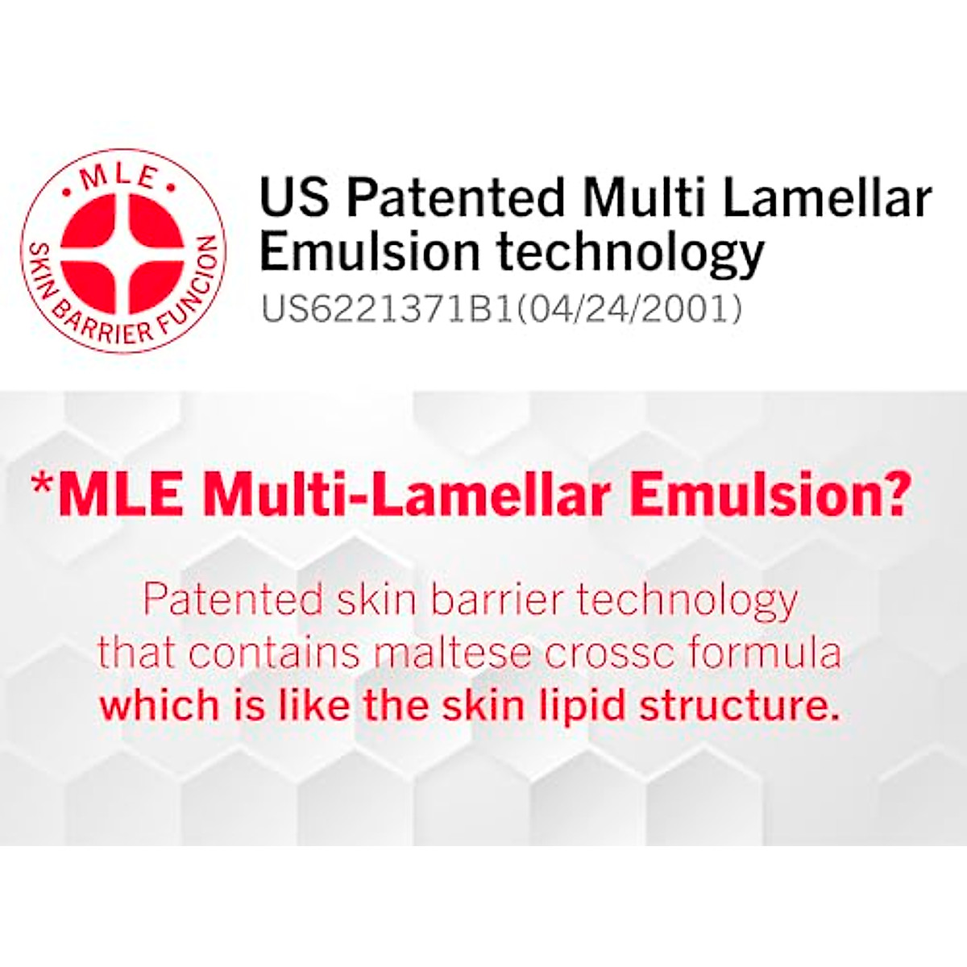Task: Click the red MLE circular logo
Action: [x=123, y=251]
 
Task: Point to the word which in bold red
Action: [x=159, y=705]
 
